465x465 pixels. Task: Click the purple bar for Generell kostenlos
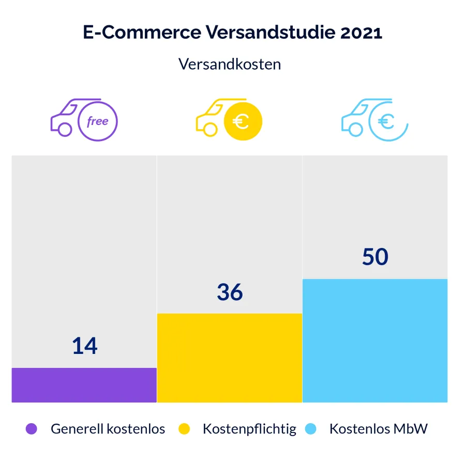[84, 385]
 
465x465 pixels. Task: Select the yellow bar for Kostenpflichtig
[229, 358]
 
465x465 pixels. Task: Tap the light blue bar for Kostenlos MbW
[375, 340]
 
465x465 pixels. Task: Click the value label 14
[85, 346]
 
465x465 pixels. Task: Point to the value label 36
[230, 292]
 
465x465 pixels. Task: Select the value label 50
[375, 257]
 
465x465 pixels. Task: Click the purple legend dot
[32, 429]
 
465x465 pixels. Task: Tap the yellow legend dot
[184, 429]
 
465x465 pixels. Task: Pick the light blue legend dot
[310, 429]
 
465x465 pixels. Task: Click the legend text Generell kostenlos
[108, 429]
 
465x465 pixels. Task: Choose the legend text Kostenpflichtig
[249, 429]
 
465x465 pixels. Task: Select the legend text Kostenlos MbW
[378, 429]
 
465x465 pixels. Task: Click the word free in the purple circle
[97, 122]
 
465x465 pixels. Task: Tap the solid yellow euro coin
[243, 122]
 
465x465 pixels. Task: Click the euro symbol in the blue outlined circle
[386, 122]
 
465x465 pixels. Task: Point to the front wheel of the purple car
[65, 130]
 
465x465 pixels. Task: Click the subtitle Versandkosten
[230, 64]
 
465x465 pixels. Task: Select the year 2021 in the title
[361, 32]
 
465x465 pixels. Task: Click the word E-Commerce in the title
[142, 32]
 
